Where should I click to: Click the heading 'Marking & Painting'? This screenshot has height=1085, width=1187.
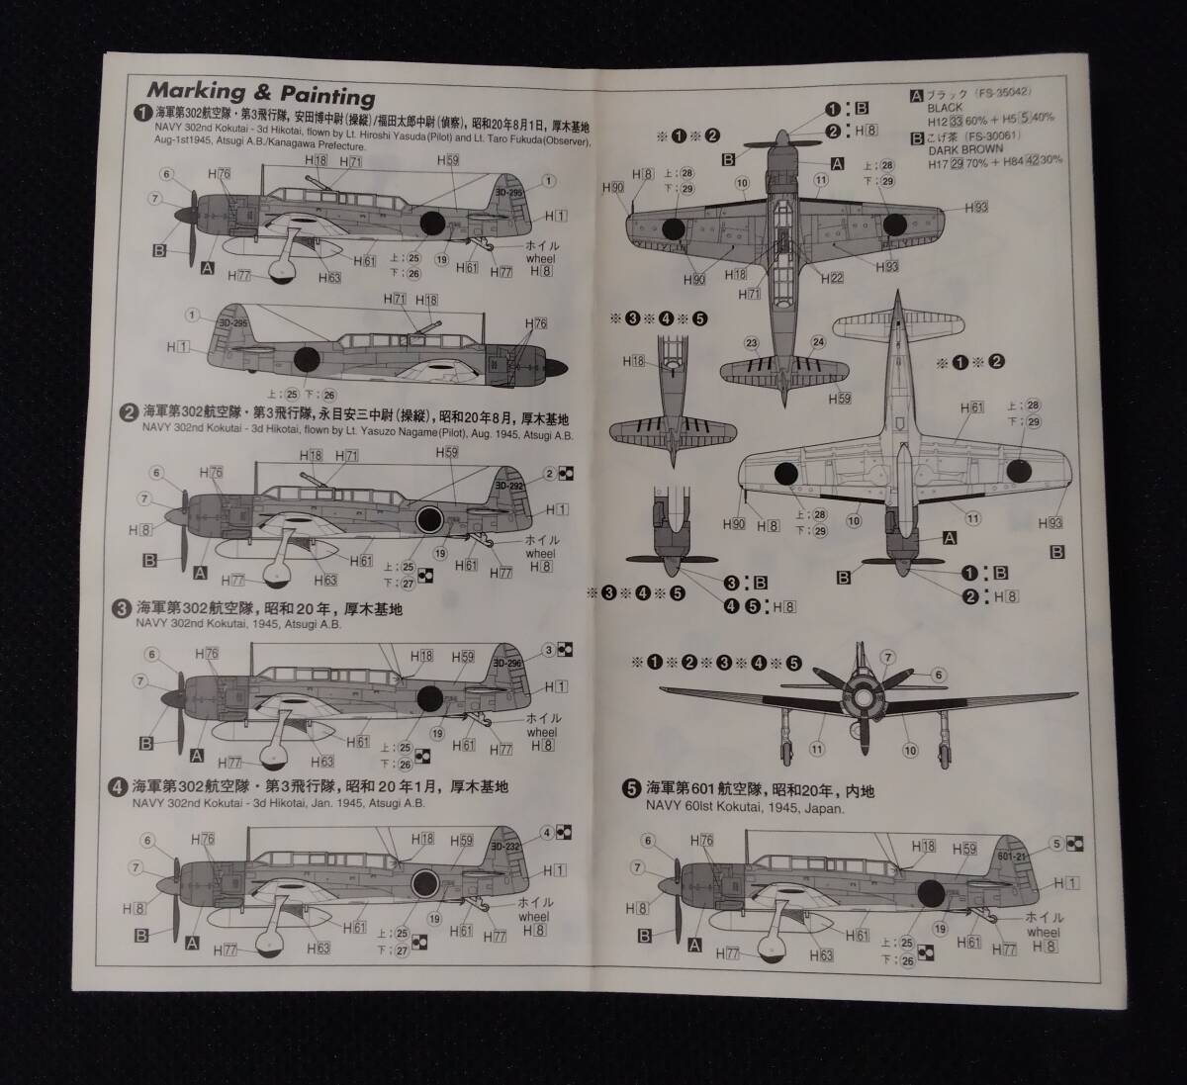click(261, 94)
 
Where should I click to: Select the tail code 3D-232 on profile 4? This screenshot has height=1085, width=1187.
click(506, 847)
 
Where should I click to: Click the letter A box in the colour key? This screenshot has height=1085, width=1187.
click(917, 96)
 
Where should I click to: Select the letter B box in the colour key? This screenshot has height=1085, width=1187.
click(917, 137)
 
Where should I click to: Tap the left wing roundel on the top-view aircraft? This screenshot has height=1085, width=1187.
click(673, 229)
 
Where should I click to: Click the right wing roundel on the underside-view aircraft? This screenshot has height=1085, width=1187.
click(1020, 471)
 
